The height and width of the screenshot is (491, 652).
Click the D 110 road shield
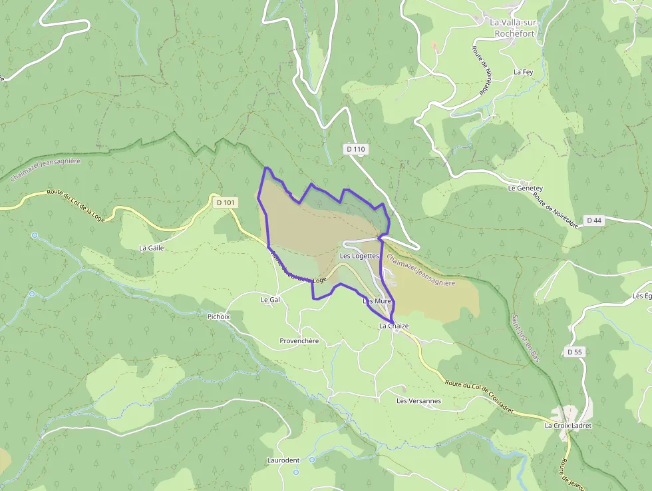356,150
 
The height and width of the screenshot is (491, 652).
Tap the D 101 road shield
226,202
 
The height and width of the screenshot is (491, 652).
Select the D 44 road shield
593,220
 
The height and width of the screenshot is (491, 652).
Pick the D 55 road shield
575,351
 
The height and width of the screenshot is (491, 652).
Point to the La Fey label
523,71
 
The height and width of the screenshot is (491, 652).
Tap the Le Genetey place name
525,189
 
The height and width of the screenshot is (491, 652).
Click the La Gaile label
151,248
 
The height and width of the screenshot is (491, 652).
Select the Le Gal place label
270,300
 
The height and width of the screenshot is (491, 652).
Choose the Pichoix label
218,316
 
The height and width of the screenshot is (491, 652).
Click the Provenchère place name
299,341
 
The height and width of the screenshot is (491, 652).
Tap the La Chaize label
394,326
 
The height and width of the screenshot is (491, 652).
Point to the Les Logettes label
359,256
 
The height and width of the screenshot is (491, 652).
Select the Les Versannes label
418,401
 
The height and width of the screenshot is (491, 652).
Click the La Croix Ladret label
568,425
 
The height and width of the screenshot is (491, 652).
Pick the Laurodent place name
283,460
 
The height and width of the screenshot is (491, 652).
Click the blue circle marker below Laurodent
297,472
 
